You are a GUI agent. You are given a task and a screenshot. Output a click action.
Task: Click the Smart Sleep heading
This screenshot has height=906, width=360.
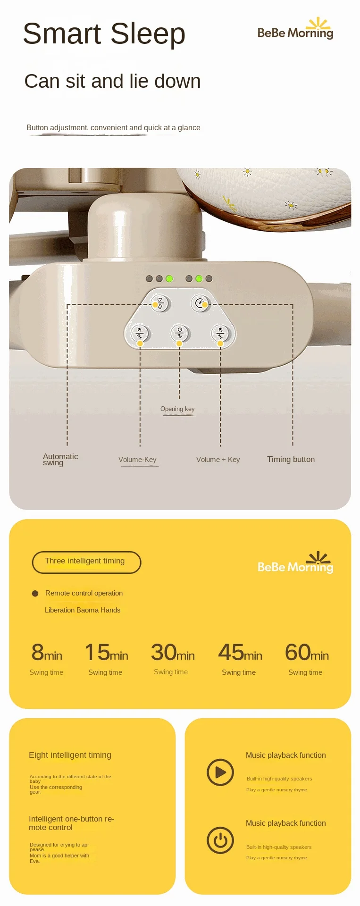[x=104, y=34]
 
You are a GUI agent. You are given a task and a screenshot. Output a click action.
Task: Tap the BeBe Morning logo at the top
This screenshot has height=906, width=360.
[x=295, y=29]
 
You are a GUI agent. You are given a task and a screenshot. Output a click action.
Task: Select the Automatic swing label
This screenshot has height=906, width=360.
[x=60, y=459]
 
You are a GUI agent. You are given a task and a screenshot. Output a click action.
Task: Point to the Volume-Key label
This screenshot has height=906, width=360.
[x=137, y=460]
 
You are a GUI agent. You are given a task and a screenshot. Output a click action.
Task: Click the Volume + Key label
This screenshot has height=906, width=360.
[x=218, y=460]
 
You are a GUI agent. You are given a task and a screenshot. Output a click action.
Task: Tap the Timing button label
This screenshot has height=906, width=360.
[x=291, y=459]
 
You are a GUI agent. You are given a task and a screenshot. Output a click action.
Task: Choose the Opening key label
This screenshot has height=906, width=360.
[x=177, y=409]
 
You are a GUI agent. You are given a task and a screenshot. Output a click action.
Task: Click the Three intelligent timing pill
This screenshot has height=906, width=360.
[x=86, y=562]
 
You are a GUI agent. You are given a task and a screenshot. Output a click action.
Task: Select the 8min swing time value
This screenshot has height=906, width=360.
[x=47, y=653]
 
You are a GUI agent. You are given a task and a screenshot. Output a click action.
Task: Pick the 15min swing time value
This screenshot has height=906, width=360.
[x=106, y=653]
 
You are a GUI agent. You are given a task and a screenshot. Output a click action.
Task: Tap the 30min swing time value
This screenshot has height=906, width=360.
[x=173, y=653]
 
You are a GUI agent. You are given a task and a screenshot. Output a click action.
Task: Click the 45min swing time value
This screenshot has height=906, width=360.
[x=240, y=653]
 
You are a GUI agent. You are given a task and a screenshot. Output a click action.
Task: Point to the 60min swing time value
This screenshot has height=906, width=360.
[x=307, y=653]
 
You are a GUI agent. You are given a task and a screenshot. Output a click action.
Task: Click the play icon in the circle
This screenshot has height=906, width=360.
[x=220, y=772]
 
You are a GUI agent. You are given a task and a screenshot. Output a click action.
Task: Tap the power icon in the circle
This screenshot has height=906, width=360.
[x=220, y=840]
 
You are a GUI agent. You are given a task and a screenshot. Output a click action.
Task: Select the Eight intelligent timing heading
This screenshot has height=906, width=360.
[x=70, y=755]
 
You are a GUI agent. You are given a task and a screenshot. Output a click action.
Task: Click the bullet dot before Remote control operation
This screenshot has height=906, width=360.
[x=35, y=594]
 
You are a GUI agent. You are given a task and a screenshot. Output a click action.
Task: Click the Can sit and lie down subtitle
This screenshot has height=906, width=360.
[x=112, y=81]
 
